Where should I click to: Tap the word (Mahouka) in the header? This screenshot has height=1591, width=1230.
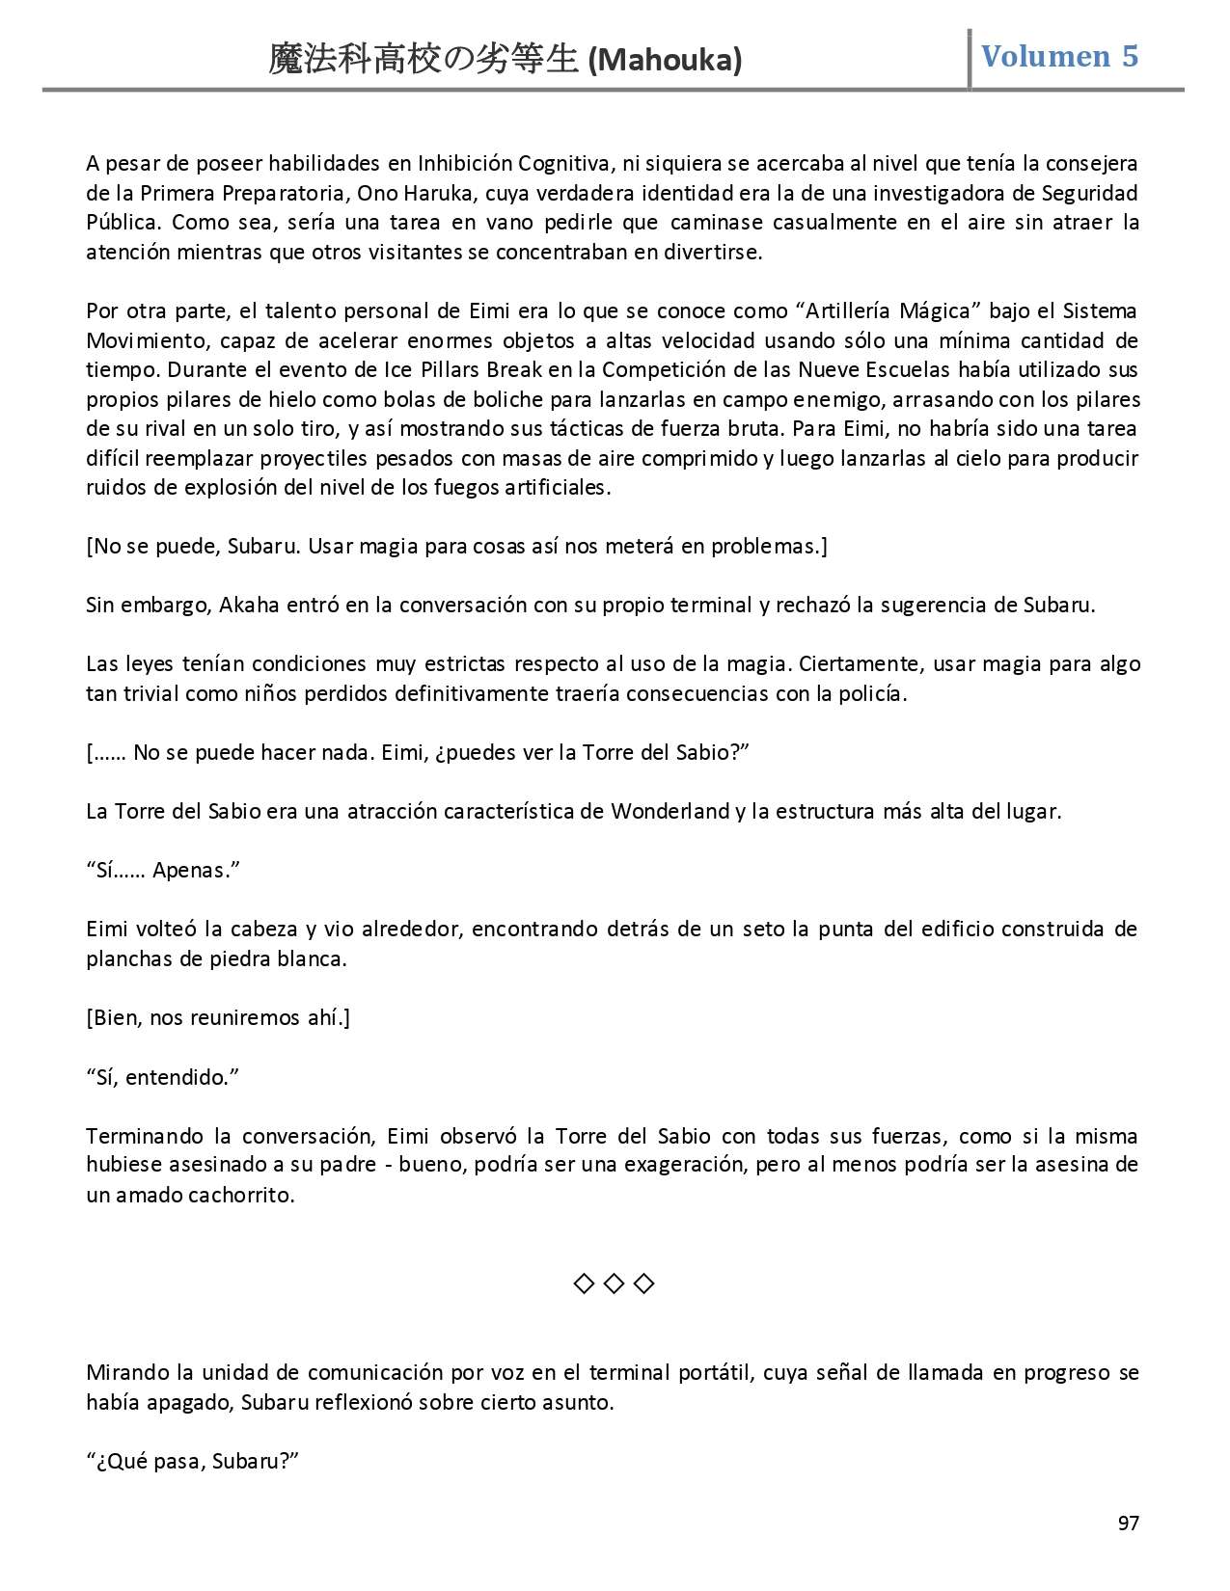pyautogui.click(x=665, y=61)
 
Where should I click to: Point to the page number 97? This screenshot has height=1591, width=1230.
pyautogui.click(x=1128, y=1523)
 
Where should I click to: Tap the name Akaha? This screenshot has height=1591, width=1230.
pyautogui.click(x=248, y=606)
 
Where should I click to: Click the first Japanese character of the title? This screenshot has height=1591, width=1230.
pyautogui.click(x=287, y=61)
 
